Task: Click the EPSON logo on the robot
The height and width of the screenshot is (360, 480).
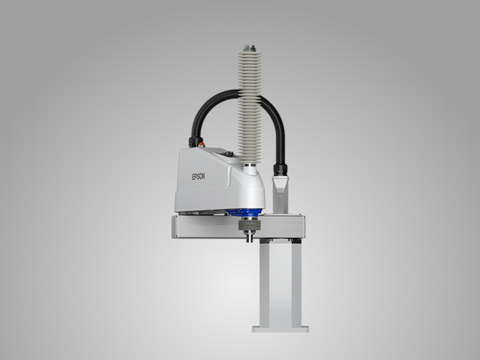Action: [198, 177]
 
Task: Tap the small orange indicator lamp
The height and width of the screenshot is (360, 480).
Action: [201, 144]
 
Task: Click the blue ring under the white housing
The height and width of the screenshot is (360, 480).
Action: [245, 212]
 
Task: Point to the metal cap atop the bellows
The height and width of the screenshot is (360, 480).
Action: [250, 48]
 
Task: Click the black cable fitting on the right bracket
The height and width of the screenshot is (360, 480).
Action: [280, 169]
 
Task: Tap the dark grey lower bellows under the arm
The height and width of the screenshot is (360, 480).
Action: [250, 225]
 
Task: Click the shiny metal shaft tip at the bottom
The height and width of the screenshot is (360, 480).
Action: [250, 236]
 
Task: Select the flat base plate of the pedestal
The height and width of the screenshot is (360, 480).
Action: [280, 329]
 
